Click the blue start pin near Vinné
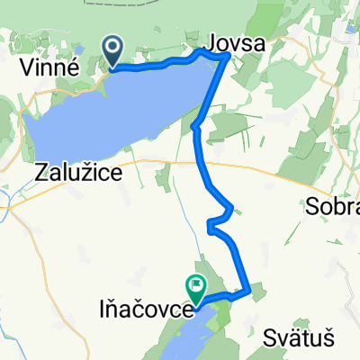(113, 52)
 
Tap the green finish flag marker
(195, 287)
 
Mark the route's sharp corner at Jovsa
(226, 56)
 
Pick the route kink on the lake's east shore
(194, 128)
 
